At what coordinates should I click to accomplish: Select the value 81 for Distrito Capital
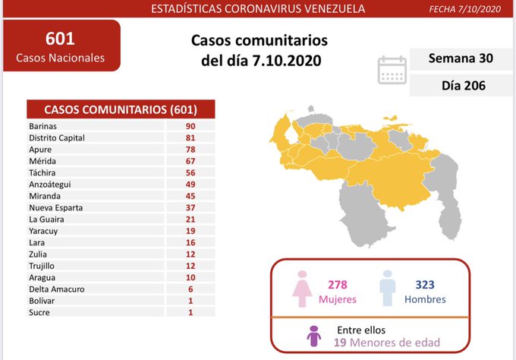190,137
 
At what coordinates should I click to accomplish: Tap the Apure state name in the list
39,150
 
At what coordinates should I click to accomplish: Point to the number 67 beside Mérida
190,161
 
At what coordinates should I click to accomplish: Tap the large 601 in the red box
60,38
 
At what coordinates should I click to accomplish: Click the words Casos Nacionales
60,58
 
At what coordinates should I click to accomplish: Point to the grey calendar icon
392,68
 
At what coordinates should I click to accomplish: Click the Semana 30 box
457,58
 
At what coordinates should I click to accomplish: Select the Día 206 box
457,86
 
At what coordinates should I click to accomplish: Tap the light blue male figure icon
389,288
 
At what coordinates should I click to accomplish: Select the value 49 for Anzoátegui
190,184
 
